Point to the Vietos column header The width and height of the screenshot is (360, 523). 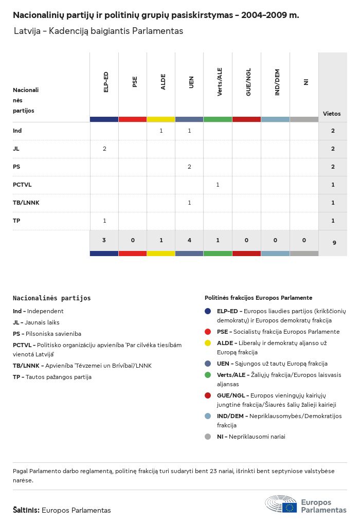(332, 114)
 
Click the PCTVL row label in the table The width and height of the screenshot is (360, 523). (22, 185)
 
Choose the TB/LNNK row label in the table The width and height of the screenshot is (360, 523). (26, 203)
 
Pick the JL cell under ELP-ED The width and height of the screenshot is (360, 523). (104, 149)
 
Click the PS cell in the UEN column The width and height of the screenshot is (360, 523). (189, 167)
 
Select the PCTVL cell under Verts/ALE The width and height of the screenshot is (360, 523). (218, 185)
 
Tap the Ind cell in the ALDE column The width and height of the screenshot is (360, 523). (161, 131)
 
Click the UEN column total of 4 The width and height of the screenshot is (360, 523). (189, 240)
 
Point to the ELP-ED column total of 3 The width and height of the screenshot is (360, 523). (104, 240)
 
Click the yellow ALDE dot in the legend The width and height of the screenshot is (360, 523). (208, 343)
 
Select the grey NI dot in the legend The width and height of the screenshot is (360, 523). (208, 437)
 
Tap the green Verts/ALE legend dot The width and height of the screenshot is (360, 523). (208, 375)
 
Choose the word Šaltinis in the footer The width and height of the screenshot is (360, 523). (26, 510)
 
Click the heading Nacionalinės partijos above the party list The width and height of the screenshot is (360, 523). (51, 298)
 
